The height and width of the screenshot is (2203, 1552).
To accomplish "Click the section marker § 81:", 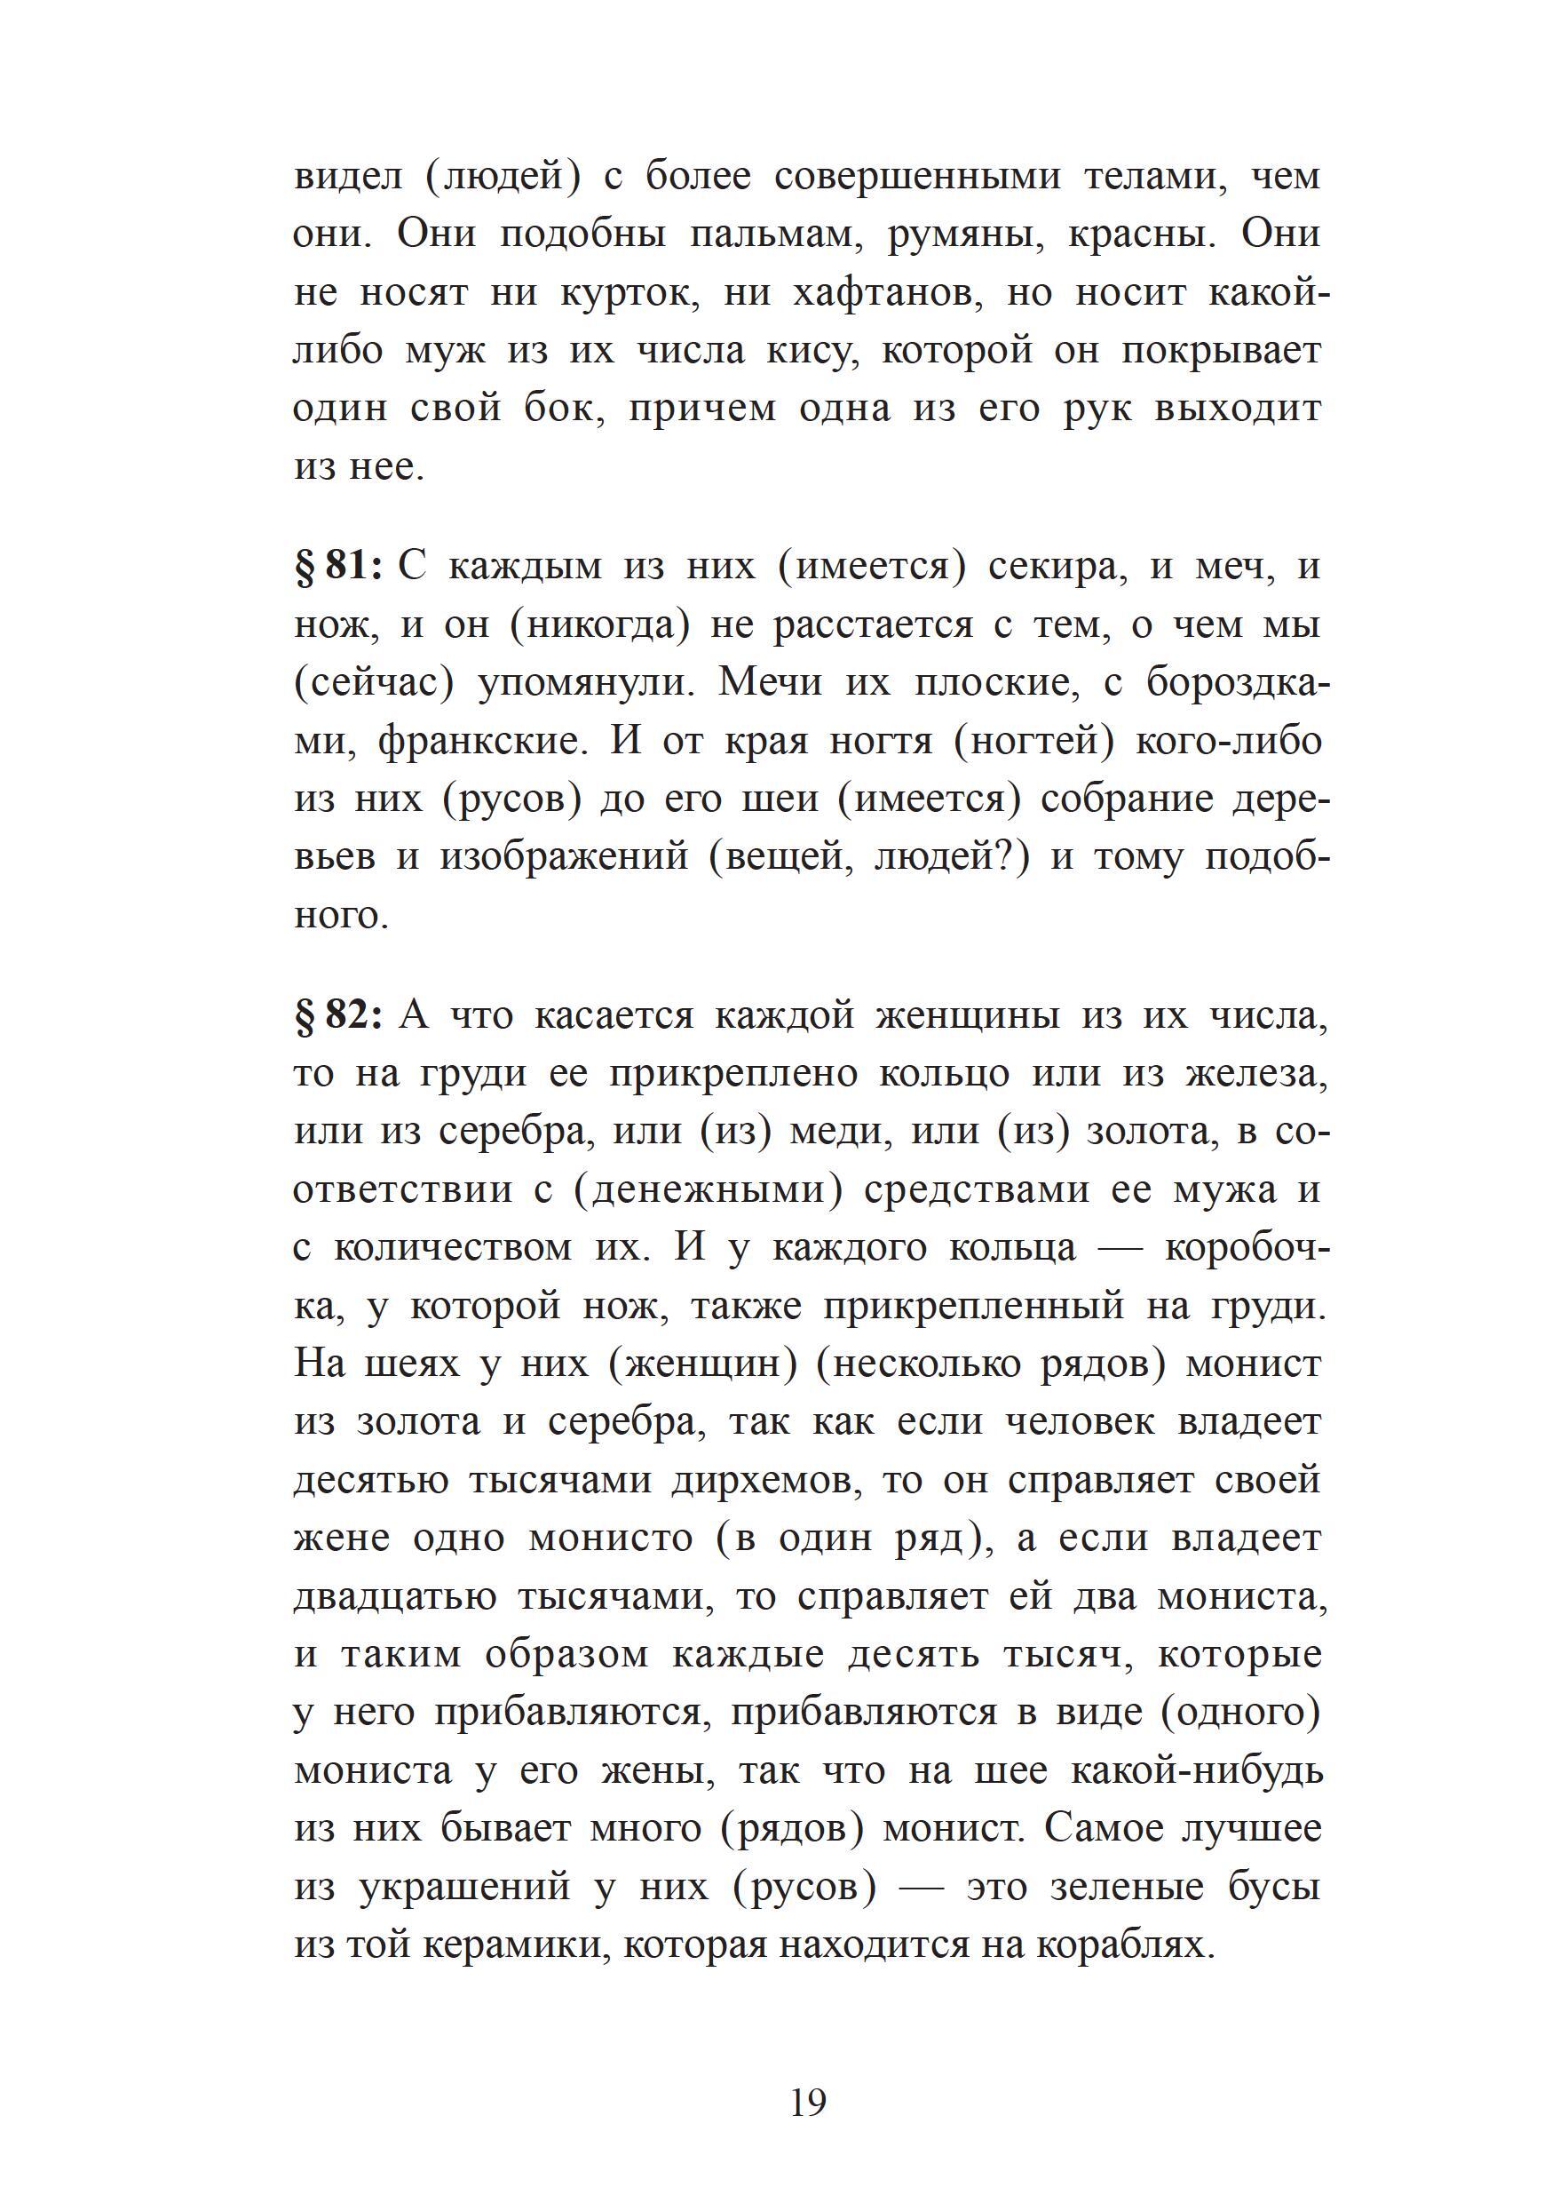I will click(x=338, y=567).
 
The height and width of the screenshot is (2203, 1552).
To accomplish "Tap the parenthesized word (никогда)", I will click(x=600, y=625).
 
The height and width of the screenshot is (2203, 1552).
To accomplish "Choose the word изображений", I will click(x=564, y=858).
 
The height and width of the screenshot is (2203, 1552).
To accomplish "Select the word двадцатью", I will click(x=394, y=1597).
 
